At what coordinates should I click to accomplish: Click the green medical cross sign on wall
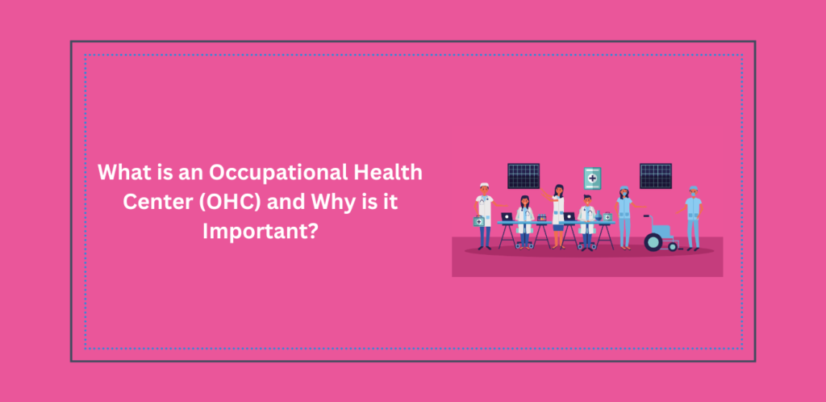593,178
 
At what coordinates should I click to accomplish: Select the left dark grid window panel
524,175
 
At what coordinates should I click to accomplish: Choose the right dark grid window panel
656,175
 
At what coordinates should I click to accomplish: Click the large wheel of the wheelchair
653,241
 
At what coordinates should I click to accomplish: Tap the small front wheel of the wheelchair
673,245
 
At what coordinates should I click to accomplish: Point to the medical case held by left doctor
478,221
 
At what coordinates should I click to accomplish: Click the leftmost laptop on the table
507,217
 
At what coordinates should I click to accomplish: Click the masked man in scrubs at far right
693,216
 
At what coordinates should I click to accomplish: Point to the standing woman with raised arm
558,214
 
